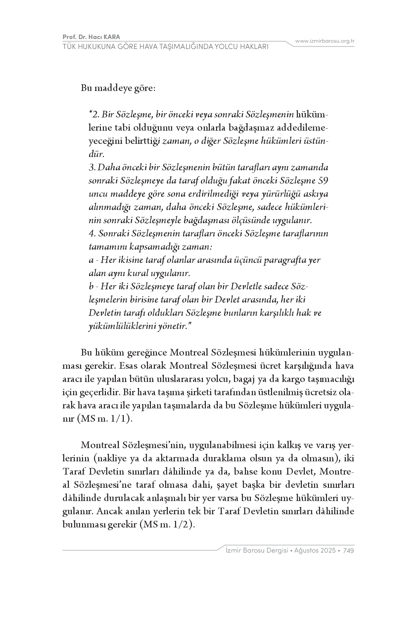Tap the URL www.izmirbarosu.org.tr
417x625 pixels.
[x=325, y=41]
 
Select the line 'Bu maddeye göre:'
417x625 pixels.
[x=118, y=89]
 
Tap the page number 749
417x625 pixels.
[x=349, y=551]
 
